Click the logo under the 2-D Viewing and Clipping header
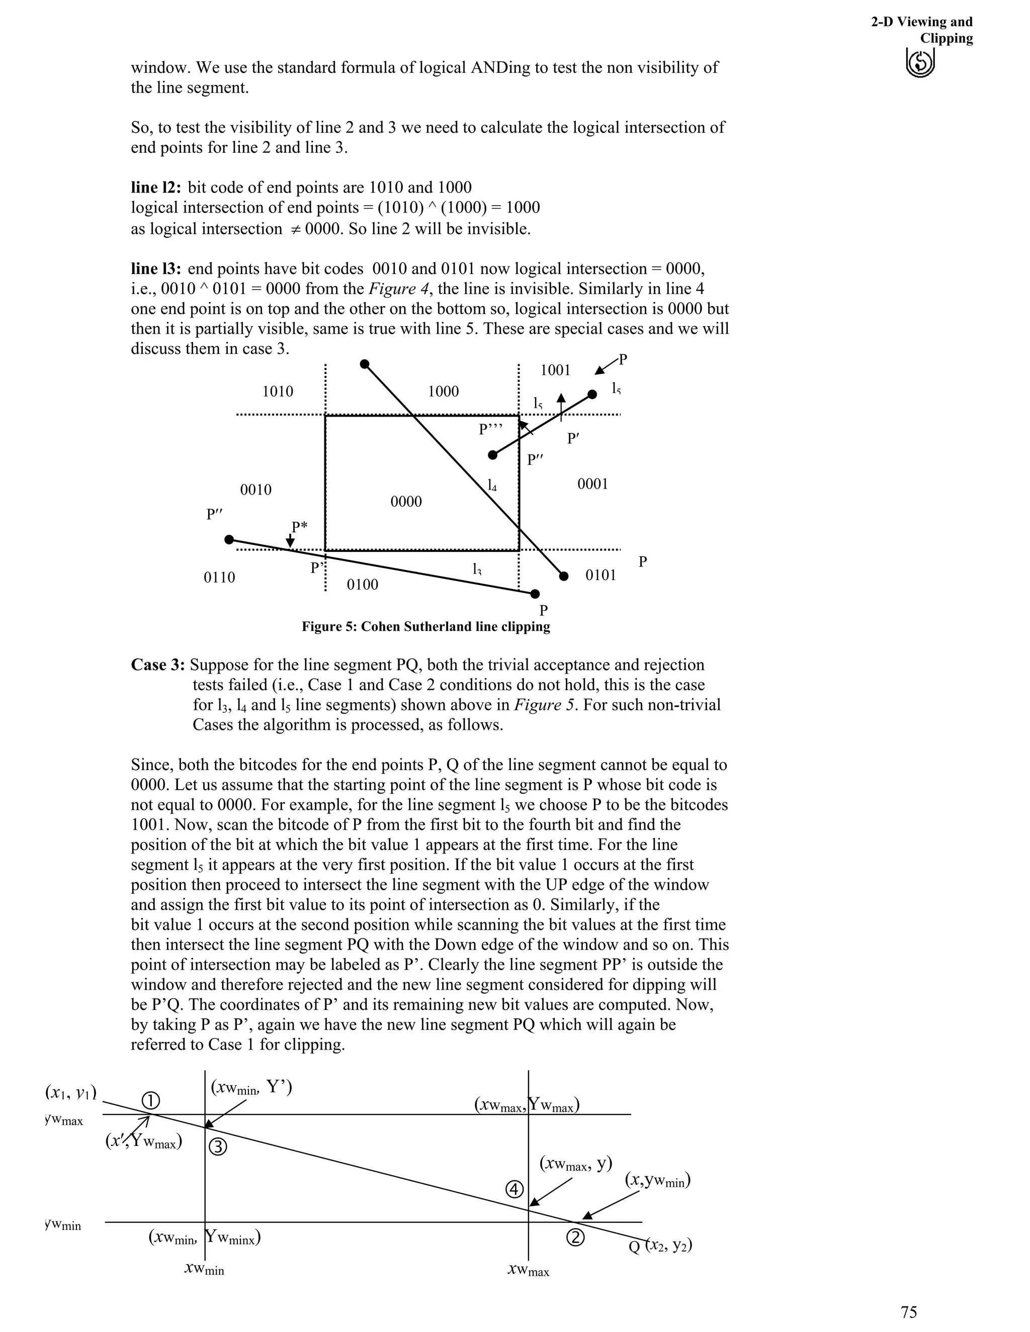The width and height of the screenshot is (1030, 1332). coord(921,63)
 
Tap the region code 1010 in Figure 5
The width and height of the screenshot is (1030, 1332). coord(278,391)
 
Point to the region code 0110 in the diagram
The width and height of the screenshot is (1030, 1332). coord(219,577)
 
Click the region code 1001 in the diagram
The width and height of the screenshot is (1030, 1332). coord(555,369)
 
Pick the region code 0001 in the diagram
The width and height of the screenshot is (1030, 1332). coord(592,484)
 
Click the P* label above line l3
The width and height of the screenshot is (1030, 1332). coord(299,526)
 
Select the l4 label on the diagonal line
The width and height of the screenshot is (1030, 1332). coord(492,486)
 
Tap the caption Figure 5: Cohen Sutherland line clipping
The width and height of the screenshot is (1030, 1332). coord(425,626)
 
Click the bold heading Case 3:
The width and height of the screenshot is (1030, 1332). coord(157,665)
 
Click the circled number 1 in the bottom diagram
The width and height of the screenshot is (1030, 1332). coord(151,1101)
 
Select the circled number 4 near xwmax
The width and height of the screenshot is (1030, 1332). coord(515,1189)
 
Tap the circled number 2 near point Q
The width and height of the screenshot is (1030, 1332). coord(575,1238)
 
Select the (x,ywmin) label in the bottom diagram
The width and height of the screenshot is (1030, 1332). coord(657,1181)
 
